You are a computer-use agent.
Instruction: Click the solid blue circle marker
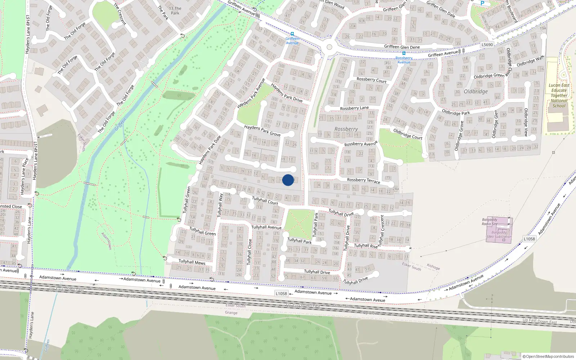point(288,180)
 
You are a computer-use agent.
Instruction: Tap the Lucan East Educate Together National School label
point(559,95)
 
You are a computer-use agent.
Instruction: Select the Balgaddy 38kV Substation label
point(499,235)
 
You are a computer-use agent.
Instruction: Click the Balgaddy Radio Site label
point(490,222)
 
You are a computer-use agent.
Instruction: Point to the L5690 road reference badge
point(487,45)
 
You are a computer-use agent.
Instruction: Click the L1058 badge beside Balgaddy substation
point(529,239)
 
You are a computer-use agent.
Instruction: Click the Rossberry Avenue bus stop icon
point(404,54)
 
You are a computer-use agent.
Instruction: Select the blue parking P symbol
point(482,3)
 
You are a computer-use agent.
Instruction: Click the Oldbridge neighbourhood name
point(476,91)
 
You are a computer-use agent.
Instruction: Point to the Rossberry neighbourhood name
point(346,129)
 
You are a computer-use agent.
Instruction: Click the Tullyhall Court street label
point(265,201)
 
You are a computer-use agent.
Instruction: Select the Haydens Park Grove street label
point(262,131)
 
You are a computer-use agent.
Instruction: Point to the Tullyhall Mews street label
point(192,262)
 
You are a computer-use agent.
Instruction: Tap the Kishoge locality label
point(433,267)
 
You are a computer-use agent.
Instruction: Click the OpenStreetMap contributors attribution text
point(549,356)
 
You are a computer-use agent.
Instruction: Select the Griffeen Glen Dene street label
point(402,47)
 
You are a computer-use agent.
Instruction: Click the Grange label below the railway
point(231,312)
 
